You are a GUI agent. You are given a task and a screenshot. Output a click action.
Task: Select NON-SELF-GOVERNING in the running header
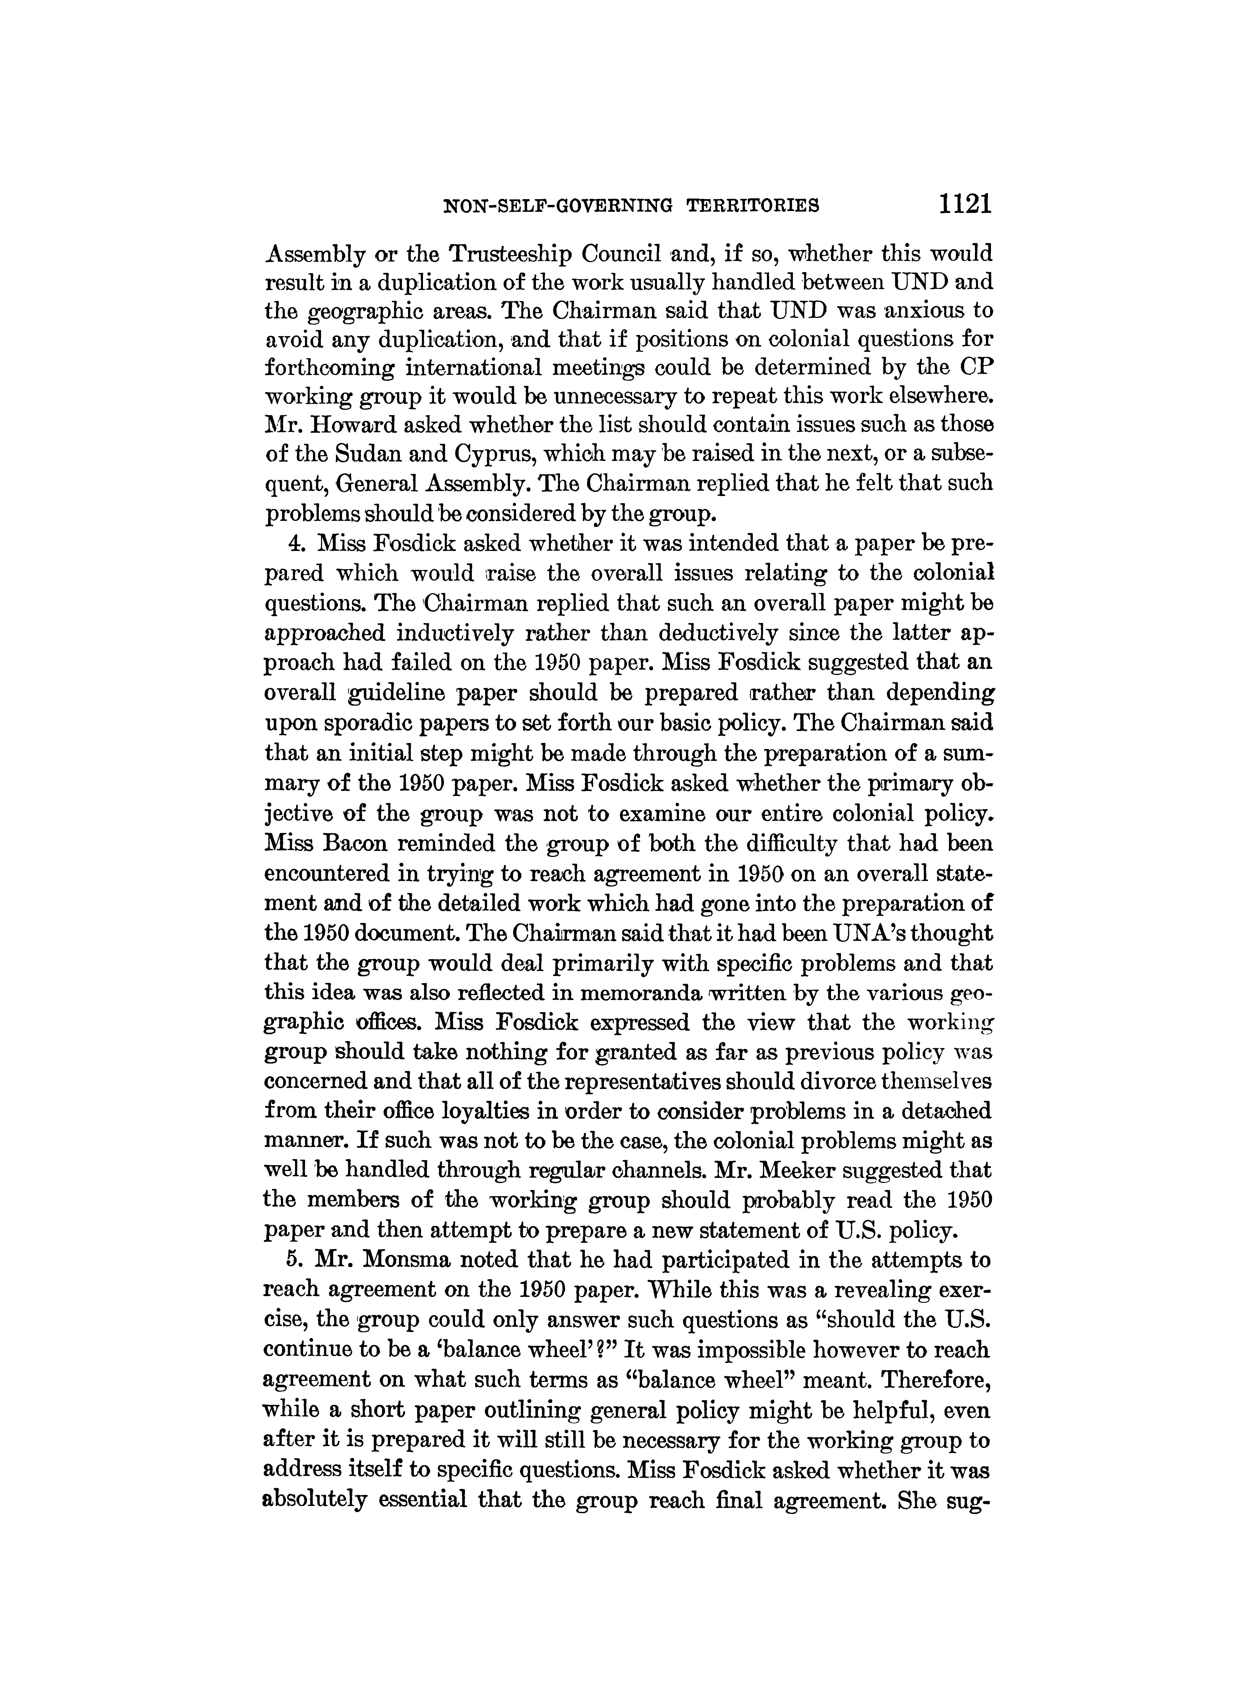pos(558,205)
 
